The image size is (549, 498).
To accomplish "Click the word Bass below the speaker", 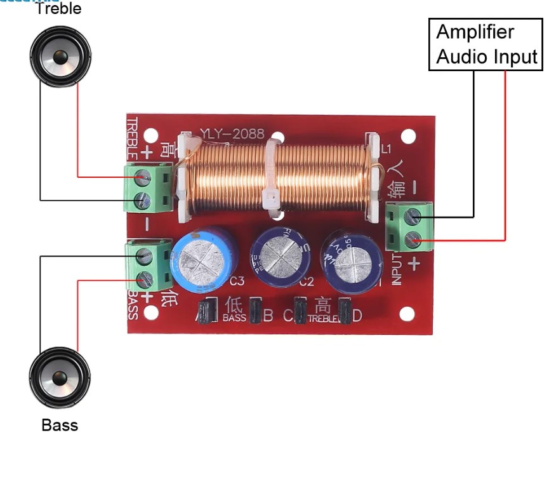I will (x=60, y=424).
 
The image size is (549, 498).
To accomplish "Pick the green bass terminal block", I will (x=150, y=267).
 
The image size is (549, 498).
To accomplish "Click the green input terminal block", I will (x=411, y=228).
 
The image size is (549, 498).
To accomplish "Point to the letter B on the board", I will (x=268, y=314).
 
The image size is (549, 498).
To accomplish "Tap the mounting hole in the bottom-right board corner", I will (x=407, y=314).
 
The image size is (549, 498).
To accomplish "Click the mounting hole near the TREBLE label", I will (x=150, y=135).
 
